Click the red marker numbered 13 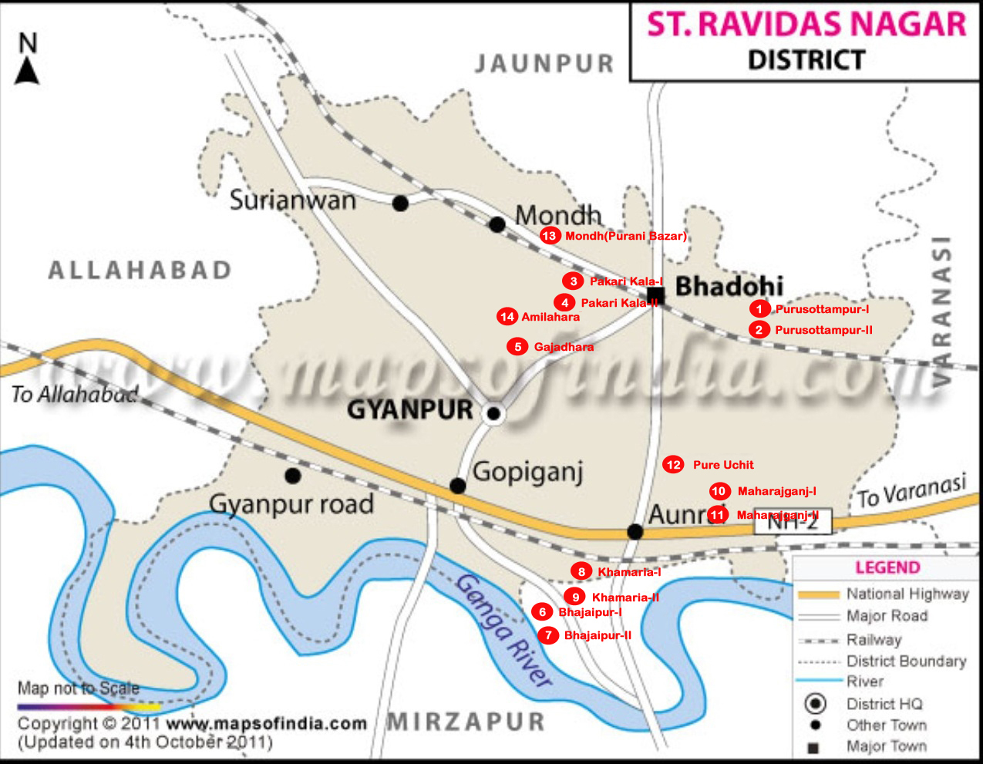pos(550,236)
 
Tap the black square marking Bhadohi pos(656,296)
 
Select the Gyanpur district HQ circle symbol pos(493,414)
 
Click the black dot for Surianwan pos(400,204)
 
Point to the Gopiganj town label pos(527,471)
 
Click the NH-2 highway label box pos(793,522)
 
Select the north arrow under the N pos(28,72)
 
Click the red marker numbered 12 pos(673,464)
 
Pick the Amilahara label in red pos(550,317)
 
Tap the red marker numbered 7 pos(548,635)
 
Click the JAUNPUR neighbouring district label pos(544,63)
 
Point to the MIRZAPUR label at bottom pos(466,722)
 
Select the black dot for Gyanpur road pos(292,476)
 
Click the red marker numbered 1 pos(759,309)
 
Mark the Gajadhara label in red pos(564,347)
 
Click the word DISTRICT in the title pos(806,60)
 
